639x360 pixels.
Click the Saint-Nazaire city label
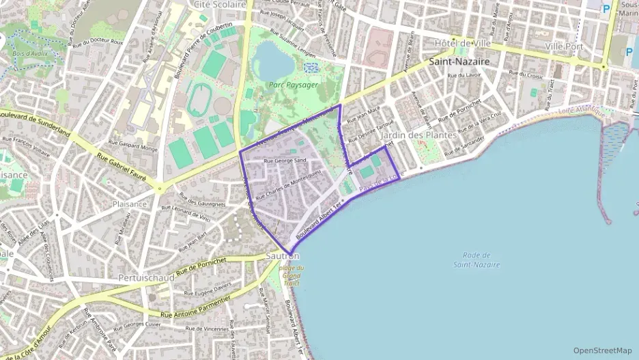click(459, 61)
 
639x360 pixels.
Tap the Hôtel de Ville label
click(464, 43)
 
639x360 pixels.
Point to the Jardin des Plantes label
click(418, 135)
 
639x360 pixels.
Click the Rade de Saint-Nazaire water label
click(476, 260)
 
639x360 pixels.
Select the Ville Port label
click(565, 45)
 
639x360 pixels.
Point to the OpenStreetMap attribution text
click(603, 350)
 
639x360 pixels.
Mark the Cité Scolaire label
click(220, 4)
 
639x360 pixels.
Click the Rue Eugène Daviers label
click(208, 289)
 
